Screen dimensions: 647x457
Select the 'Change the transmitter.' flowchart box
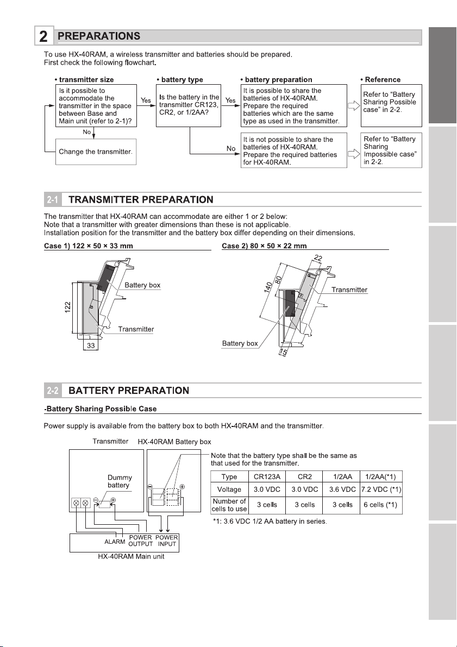(96, 150)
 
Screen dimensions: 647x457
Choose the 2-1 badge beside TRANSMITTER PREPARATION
(52, 200)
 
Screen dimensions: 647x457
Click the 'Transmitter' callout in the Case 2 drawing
(349, 290)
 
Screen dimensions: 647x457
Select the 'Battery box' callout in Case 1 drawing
(142, 285)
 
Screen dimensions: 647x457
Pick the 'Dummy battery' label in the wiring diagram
(120, 482)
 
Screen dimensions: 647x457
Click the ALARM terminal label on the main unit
(115, 541)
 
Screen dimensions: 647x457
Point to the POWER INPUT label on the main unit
(167, 541)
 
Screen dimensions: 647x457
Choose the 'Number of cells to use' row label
(229, 505)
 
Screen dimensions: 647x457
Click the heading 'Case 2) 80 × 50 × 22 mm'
(265, 246)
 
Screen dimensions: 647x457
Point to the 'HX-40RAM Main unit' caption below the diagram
(124, 557)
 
